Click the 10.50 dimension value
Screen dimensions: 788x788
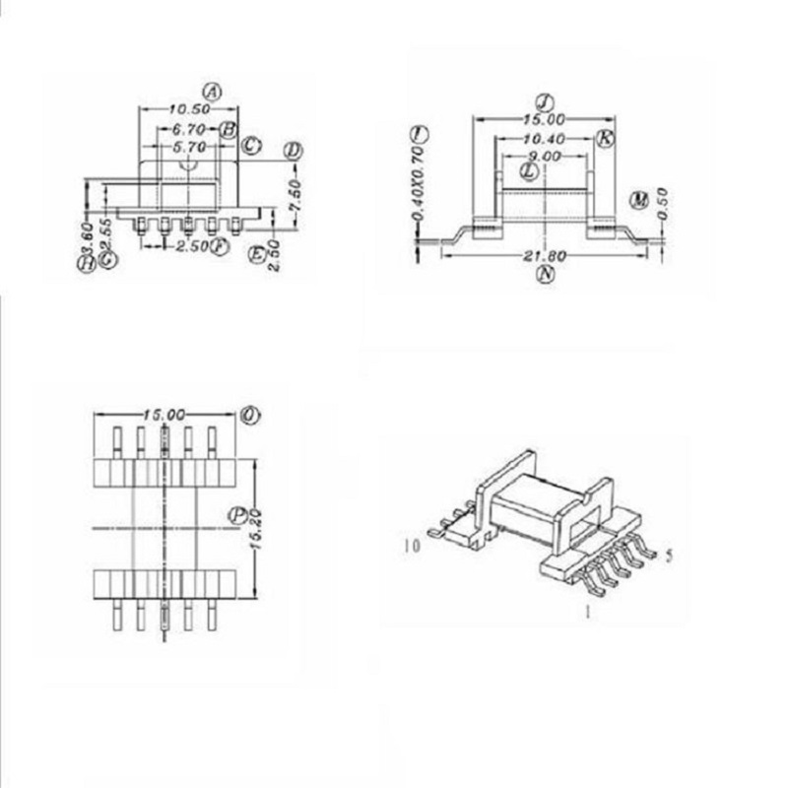187,109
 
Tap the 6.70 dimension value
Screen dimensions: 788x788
187,129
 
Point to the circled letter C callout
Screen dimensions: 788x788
251,146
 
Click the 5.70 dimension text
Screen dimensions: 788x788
187,147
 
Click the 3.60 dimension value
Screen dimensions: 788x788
87,236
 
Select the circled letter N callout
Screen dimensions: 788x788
545,275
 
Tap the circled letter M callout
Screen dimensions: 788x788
640,201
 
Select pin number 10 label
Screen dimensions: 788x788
412,544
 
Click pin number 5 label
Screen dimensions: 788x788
670,557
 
